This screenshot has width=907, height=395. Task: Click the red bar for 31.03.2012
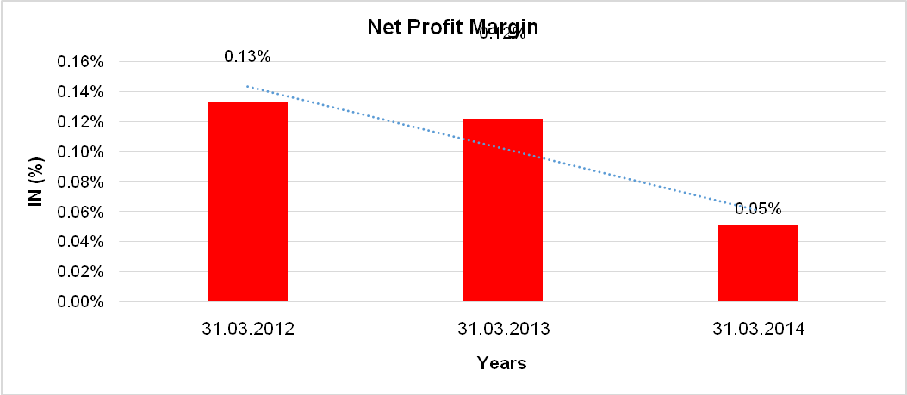(247, 201)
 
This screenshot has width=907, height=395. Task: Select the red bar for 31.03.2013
(503, 210)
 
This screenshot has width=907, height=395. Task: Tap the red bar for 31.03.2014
(758, 262)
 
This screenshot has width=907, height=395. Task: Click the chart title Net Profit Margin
(452, 27)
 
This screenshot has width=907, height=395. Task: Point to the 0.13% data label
(247, 57)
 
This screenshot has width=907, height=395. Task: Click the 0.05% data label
(758, 208)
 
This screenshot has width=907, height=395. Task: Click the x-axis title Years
(502, 363)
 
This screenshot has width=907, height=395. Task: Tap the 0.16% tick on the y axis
(80, 62)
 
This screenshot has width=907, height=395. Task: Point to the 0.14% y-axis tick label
(80, 92)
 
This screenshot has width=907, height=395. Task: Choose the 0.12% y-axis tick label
(80, 122)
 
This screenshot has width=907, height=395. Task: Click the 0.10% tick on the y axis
(80, 152)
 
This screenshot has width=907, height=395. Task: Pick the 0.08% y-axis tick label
(80, 182)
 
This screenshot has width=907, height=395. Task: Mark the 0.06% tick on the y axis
(80, 212)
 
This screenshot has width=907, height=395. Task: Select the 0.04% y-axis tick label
(80, 242)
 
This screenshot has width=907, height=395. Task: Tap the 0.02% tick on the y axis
(80, 272)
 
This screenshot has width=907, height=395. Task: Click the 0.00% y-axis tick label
(80, 302)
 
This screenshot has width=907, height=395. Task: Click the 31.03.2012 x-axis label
(247, 329)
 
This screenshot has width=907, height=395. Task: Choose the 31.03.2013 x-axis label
(503, 329)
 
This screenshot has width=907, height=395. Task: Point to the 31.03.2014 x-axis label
(758, 329)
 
